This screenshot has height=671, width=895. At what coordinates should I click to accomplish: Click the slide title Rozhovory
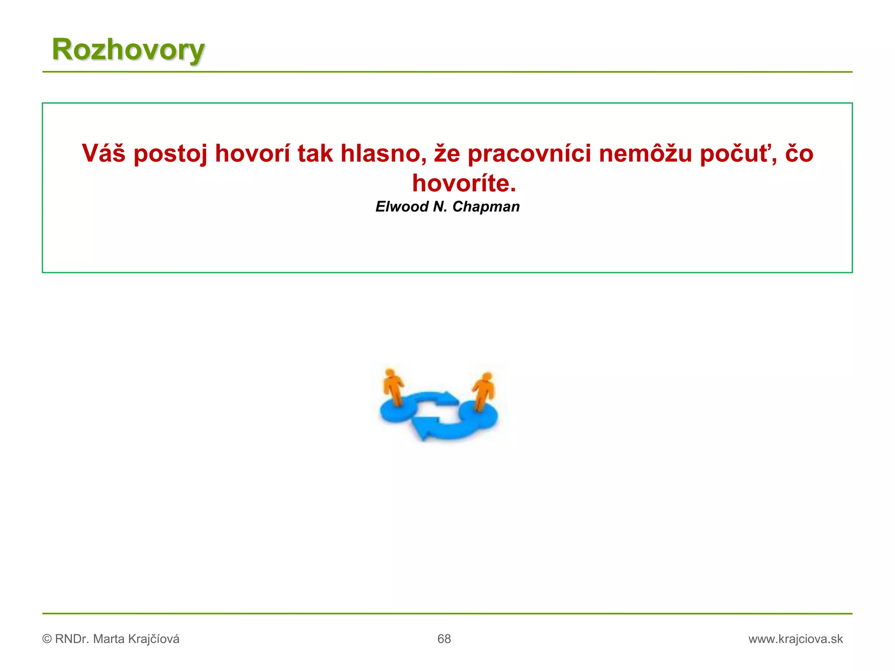(x=128, y=49)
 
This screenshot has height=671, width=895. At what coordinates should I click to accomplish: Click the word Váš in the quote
(x=104, y=153)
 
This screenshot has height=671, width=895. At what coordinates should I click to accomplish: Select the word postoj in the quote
(x=170, y=154)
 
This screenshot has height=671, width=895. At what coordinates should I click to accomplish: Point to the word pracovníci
(x=529, y=154)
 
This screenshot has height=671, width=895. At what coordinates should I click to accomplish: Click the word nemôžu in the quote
(x=645, y=153)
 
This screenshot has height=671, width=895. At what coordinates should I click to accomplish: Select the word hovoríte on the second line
(x=464, y=183)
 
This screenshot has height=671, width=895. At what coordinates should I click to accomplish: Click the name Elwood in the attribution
(x=402, y=207)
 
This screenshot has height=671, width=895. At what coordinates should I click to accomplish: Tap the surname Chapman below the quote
(x=486, y=207)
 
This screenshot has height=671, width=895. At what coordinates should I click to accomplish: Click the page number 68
(x=444, y=639)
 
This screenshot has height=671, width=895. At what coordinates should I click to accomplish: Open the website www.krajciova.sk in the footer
(x=795, y=639)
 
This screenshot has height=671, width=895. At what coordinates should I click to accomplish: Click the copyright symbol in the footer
(x=47, y=639)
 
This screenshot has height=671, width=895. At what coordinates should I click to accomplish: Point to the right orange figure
(x=483, y=390)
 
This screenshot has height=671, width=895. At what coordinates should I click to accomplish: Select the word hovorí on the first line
(x=253, y=153)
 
